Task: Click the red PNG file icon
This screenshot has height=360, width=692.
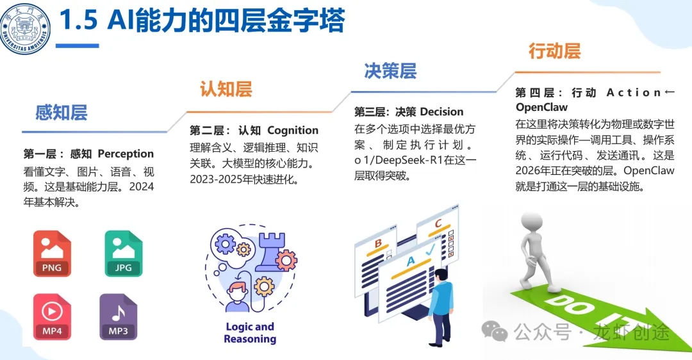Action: [x=52, y=254]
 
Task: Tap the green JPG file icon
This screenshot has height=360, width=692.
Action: [x=123, y=254]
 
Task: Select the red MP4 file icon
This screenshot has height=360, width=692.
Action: [x=52, y=317]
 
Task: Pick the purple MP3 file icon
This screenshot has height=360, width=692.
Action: [x=118, y=317]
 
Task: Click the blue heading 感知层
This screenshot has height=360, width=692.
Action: [x=62, y=113]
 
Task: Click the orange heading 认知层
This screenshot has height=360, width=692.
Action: [x=226, y=89]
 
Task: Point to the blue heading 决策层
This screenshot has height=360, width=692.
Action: [x=390, y=70]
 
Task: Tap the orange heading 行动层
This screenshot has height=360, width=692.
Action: [x=554, y=51]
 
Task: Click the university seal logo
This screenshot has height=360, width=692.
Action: [x=26, y=28]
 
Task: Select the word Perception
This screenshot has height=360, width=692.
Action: [x=126, y=154]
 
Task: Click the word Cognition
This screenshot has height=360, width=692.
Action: [x=293, y=131]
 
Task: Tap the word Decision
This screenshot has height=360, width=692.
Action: [x=441, y=112]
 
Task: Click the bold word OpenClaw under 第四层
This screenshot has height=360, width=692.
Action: [x=541, y=107]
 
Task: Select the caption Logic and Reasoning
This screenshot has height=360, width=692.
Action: [x=250, y=332]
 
